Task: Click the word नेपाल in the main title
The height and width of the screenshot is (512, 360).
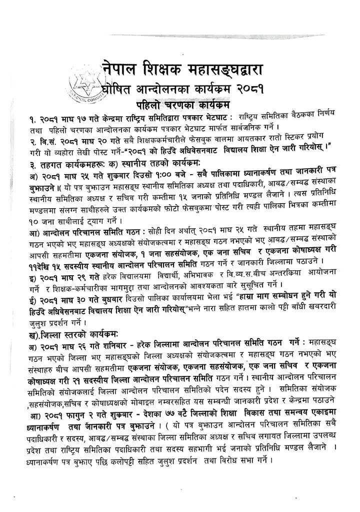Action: pyautogui.click(x=123, y=66)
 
